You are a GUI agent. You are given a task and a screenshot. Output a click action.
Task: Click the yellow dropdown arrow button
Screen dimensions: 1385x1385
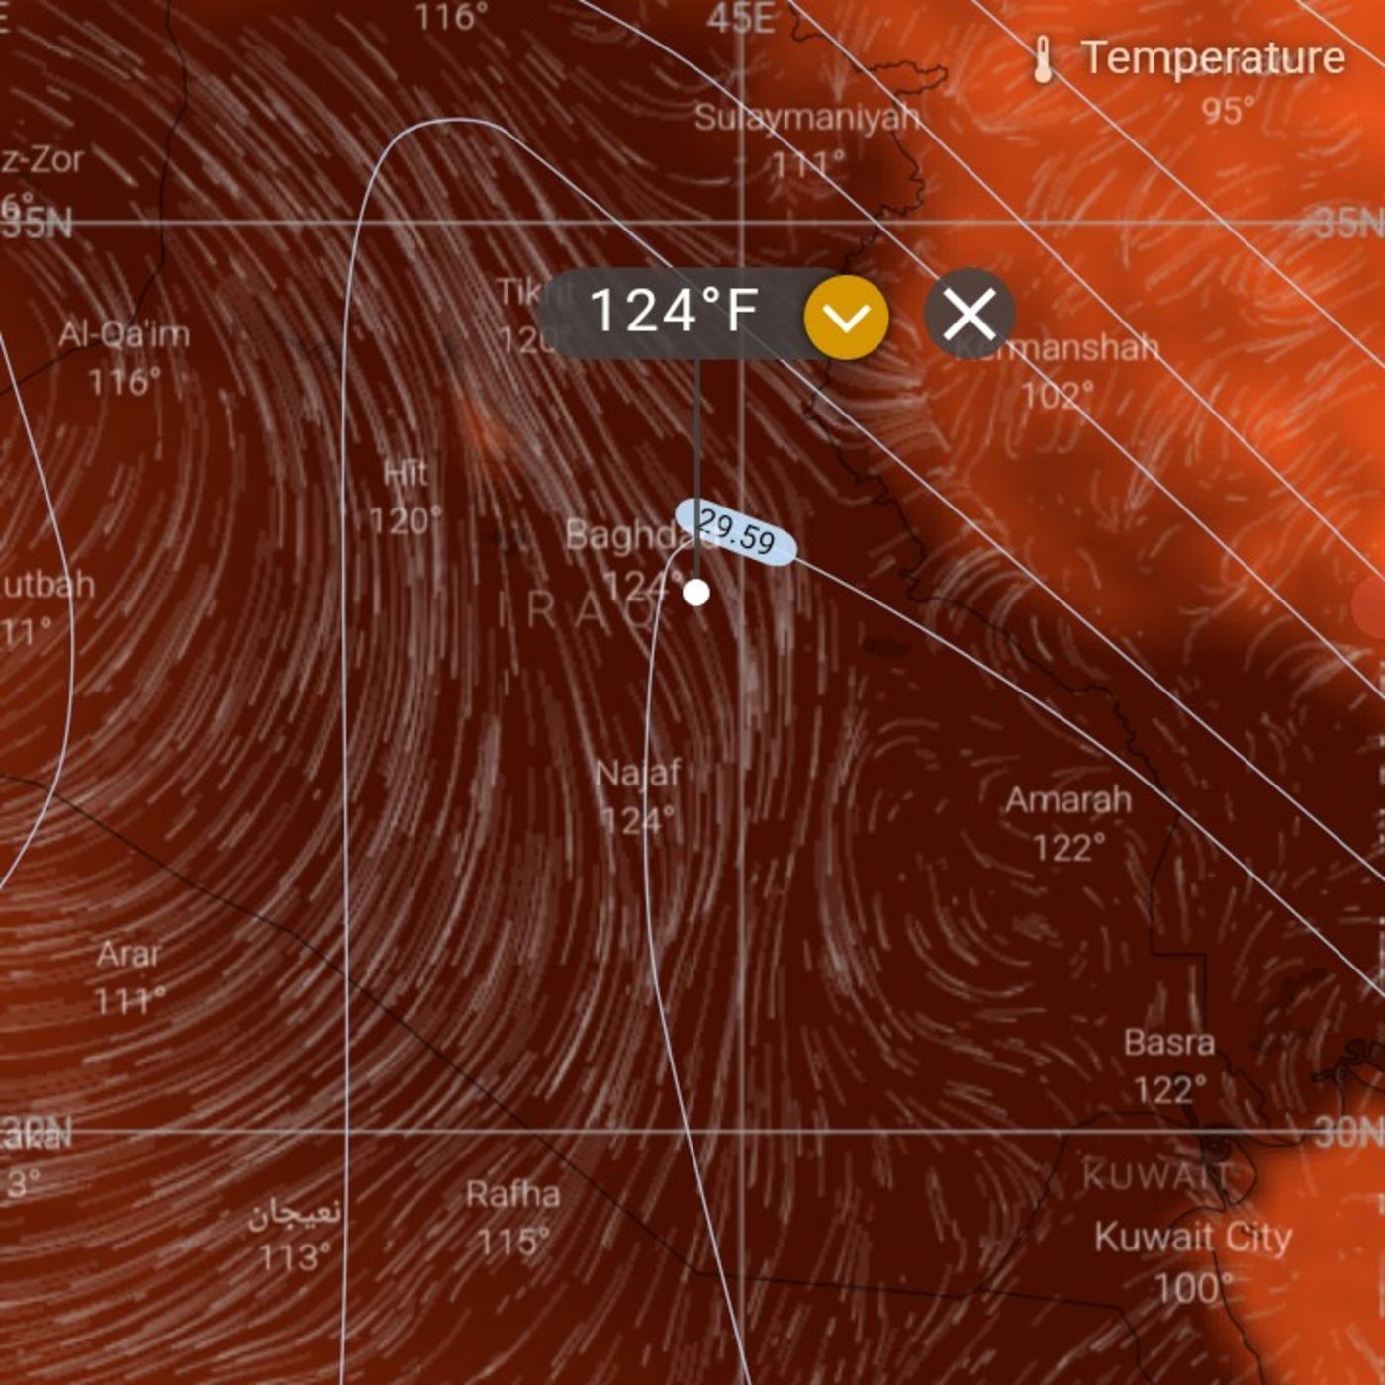[846, 317]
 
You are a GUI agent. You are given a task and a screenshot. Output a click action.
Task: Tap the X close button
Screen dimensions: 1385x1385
[969, 315]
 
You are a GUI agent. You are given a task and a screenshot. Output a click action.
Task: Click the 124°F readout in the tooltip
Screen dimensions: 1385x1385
[674, 312]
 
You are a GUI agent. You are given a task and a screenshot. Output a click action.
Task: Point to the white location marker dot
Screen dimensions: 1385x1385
[696, 593]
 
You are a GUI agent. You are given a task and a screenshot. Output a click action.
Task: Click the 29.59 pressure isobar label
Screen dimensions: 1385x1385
[736, 533]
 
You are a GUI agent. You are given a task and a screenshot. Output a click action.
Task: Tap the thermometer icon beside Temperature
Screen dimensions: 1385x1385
[1042, 59]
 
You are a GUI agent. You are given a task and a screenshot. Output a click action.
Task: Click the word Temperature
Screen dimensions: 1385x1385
[1214, 57]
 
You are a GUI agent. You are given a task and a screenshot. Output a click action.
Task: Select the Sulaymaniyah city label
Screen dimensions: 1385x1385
[806, 118]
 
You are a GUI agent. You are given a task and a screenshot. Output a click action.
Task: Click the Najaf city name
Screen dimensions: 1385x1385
[638, 773]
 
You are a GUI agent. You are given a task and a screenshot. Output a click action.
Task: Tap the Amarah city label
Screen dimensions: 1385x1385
[1068, 799]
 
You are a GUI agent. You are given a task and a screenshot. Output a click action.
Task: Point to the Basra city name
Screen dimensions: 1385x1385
[1169, 1042]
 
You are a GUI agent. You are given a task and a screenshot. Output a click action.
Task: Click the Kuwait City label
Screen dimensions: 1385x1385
[1193, 1238]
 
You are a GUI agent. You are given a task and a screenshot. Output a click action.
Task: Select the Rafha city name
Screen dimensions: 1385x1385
[512, 1194]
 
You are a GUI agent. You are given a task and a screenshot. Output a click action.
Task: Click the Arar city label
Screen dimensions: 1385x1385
[128, 955]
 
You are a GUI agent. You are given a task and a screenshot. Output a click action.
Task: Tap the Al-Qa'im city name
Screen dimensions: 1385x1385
[124, 334]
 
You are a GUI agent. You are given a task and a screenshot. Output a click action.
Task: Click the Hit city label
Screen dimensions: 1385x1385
[406, 473]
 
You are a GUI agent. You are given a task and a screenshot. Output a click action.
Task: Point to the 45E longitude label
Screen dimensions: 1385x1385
[741, 18]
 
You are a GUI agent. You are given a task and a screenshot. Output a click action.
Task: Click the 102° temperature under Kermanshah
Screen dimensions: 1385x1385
[1057, 396]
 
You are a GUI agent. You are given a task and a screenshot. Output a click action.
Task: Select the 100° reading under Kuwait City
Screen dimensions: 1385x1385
[1194, 1287]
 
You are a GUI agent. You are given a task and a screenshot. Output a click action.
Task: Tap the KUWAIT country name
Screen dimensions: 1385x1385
[1155, 1176]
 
